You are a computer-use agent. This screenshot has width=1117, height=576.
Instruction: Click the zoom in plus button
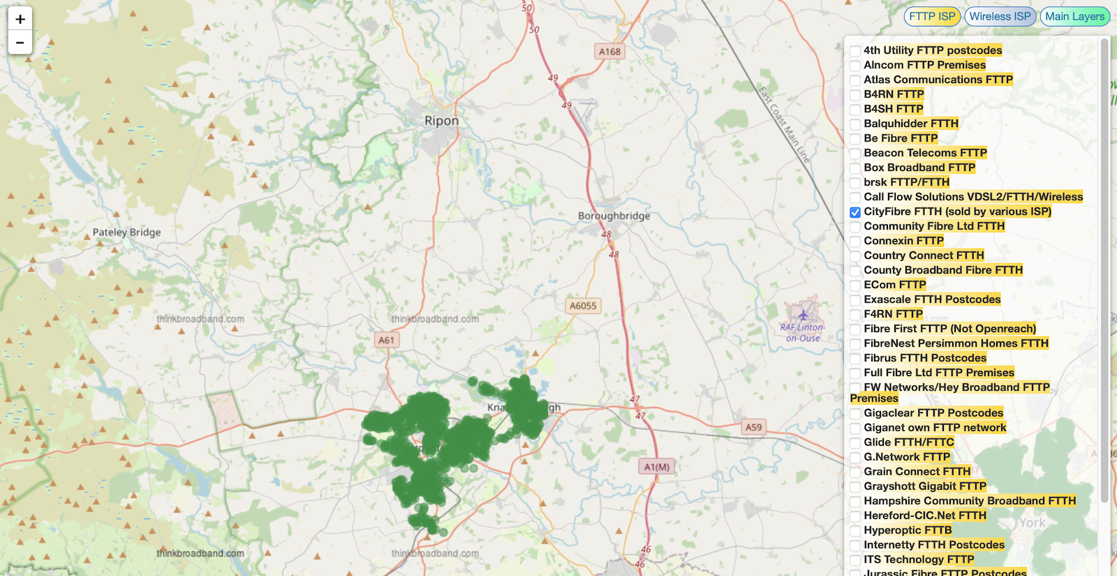(x=20, y=20)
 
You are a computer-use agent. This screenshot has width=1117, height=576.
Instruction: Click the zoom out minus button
(x=20, y=43)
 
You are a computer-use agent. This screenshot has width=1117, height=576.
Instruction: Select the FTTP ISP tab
(x=932, y=17)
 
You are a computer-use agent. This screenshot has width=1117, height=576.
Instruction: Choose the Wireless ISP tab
(x=1000, y=17)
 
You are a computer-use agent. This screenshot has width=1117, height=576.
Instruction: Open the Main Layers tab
(x=1074, y=17)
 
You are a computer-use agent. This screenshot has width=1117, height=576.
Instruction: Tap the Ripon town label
(x=442, y=121)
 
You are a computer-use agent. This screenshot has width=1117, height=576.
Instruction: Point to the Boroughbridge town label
(x=614, y=216)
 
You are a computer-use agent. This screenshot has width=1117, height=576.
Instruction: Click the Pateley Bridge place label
(x=126, y=232)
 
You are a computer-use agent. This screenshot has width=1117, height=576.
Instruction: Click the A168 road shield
(x=609, y=52)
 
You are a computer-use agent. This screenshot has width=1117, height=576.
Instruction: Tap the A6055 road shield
(x=583, y=305)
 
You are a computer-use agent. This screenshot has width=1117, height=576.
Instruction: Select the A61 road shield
(x=386, y=340)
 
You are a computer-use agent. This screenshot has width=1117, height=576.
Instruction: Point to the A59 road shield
(x=753, y=427)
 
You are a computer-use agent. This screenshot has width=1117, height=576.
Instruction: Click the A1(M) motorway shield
(x=656, y=467)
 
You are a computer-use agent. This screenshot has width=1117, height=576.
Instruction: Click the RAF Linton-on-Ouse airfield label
(x=802, y=332)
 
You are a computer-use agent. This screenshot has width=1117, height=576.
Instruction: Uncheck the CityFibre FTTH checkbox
(x=855, y=212)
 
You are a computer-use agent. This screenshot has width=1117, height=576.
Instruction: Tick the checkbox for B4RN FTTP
(x=855, y=95)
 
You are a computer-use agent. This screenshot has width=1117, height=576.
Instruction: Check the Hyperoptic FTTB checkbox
(x=855, y=531)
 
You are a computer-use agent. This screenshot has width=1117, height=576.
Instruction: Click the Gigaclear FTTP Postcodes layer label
(x=933, y=413)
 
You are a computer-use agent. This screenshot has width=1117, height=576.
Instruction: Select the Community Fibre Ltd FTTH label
(x=933, y=226)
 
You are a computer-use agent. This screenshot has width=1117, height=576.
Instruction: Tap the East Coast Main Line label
(x=784, y=125)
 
